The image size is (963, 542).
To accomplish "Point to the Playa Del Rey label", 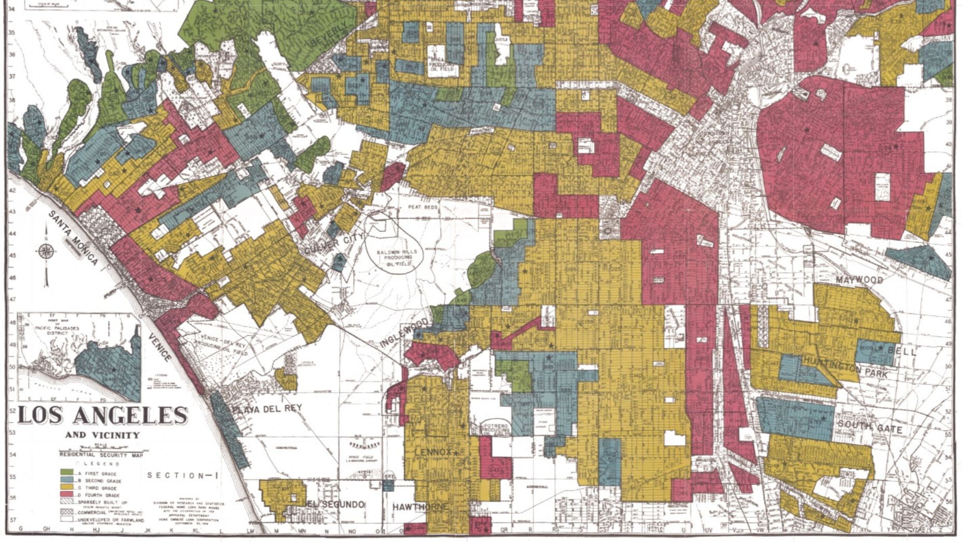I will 267,409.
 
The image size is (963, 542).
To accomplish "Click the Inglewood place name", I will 405,334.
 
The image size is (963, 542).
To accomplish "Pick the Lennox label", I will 433,452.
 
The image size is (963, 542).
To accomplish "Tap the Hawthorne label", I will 420,506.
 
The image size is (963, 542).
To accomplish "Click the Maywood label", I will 859,280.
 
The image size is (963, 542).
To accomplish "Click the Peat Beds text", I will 423,207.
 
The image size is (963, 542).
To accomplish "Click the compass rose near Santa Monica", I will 46,252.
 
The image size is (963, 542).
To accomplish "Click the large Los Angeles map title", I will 103,416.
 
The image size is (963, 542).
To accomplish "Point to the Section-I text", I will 176,475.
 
